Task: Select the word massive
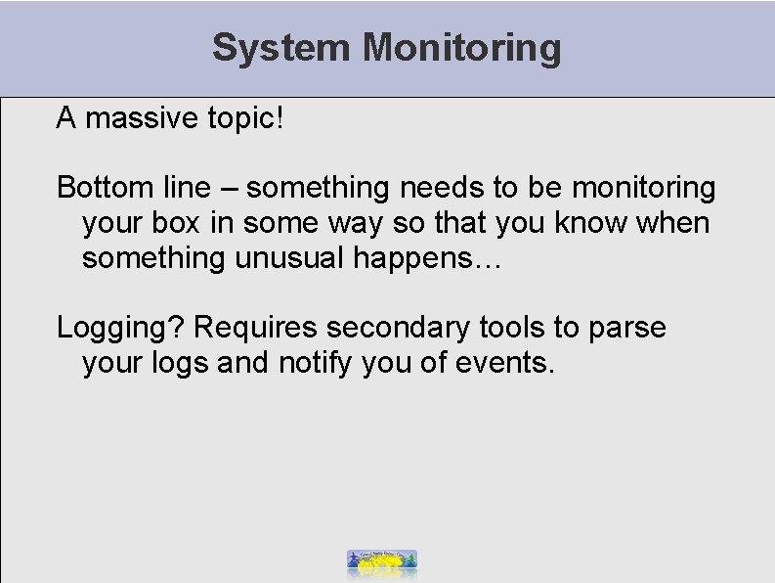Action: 131,118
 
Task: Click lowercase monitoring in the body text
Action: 643,186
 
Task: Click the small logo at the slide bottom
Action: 382,561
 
